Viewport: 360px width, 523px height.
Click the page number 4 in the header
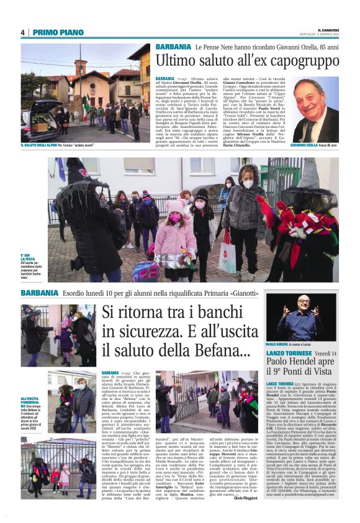click(x=23, y=32)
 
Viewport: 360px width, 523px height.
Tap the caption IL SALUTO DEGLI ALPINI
click(x=42, y=145)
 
